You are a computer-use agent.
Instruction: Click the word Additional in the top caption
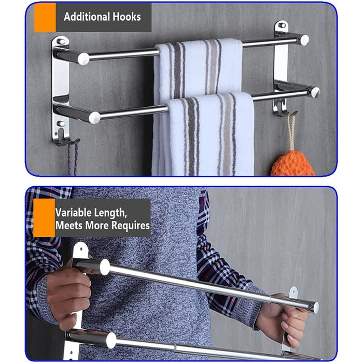(x=87, y=17)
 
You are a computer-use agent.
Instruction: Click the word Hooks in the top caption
(x=127, y=17)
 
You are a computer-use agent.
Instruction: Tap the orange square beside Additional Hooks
(x=45, y=17)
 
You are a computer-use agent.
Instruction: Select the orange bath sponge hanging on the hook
(x=294, y=163)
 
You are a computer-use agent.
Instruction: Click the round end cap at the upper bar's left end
(x=83, y=59)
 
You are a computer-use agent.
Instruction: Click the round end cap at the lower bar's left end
(x=95, y=118)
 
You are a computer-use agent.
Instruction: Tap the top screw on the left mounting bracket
(x=61, y=41)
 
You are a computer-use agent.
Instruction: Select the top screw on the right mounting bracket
(x=282, y=25)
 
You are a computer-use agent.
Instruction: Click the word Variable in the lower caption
(x=73, y=212)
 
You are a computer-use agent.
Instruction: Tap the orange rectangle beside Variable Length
(x=44, y=218)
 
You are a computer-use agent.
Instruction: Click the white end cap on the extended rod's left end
(x=105, y=267)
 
